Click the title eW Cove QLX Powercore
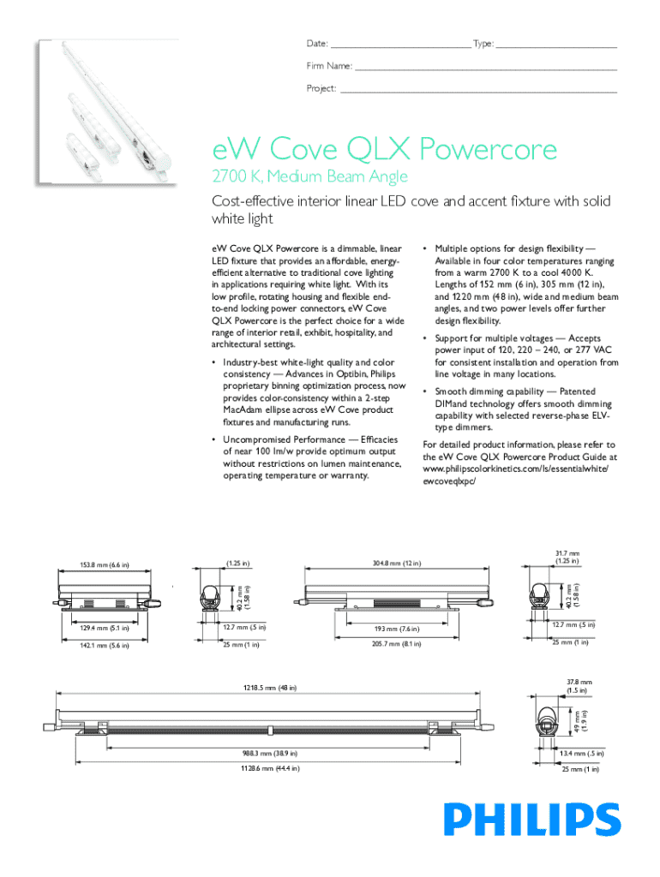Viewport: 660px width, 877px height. [385, 151]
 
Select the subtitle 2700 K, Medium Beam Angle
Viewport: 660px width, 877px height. [309, 177]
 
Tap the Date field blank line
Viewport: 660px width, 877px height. [400, 45]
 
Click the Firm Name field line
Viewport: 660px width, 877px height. [485, 67]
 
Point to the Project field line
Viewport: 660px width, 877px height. [478, 89]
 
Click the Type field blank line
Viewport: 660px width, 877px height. [556, 45]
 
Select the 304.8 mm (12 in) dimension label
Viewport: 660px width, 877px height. [398, 563]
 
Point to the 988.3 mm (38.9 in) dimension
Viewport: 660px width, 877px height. [271, 753]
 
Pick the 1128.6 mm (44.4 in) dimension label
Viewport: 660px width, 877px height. [271, 768]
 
